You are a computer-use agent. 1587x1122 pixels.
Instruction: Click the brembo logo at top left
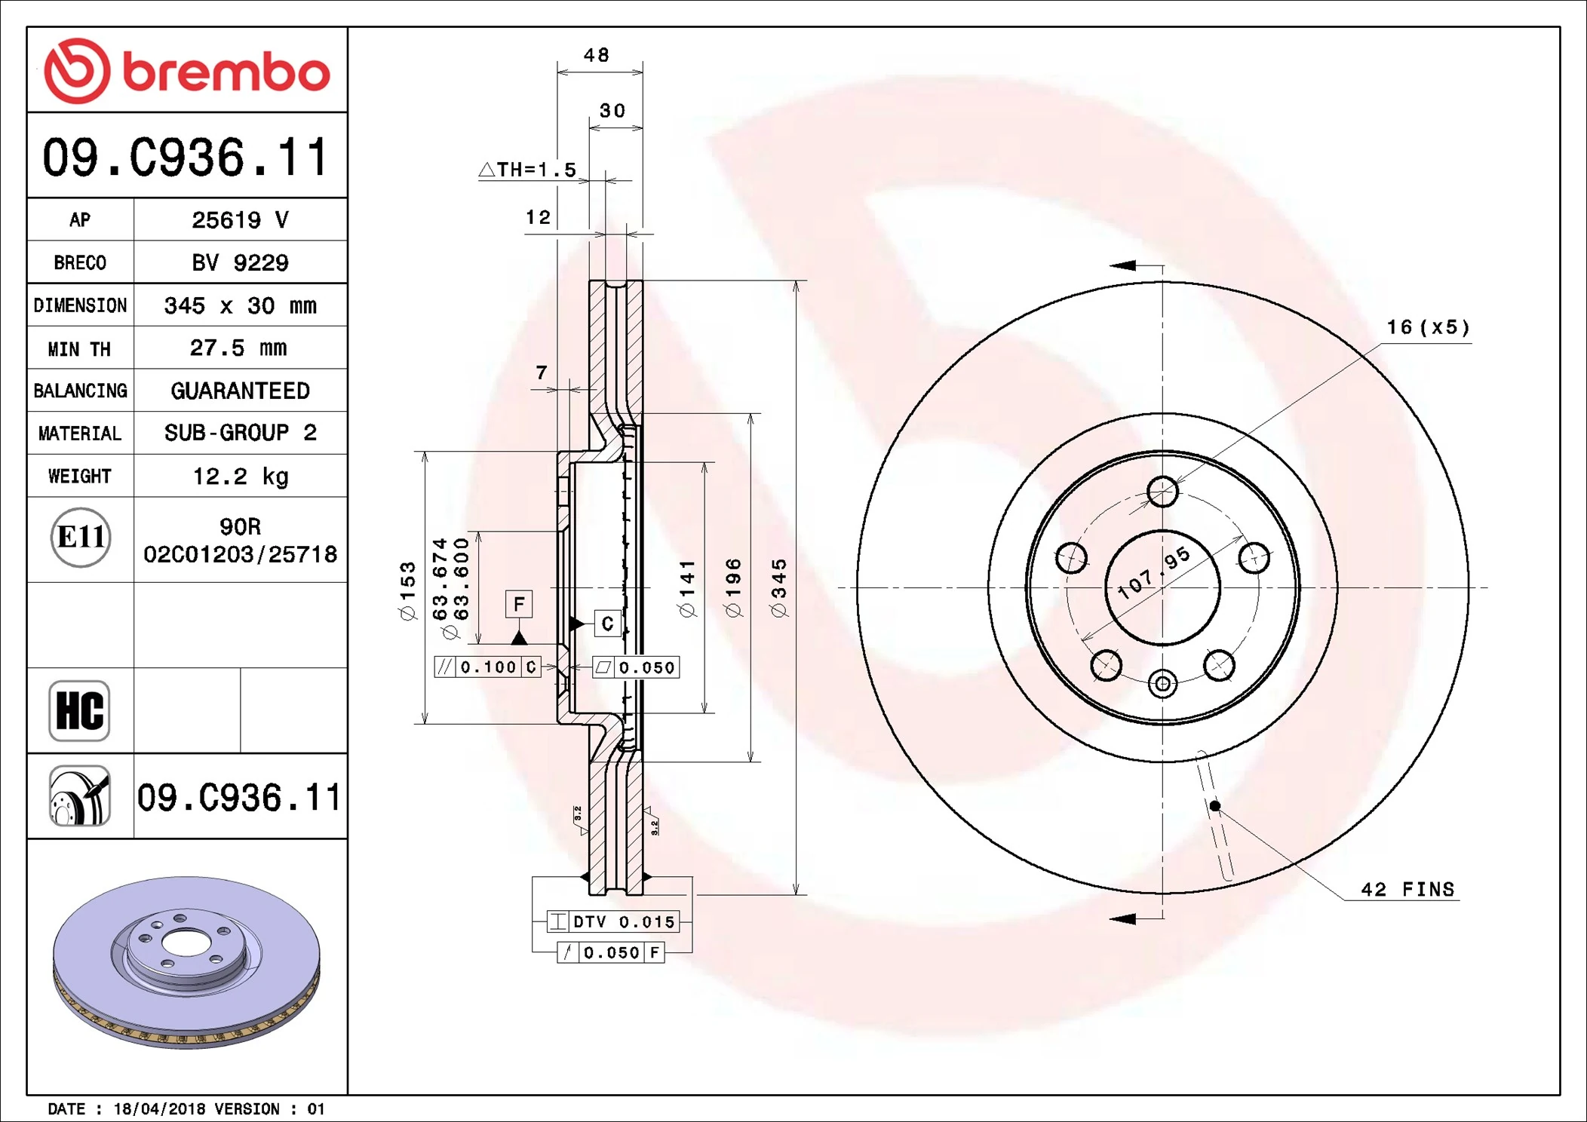(x=186, y=71)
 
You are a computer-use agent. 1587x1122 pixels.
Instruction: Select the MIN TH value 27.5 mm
(x=238, y=348)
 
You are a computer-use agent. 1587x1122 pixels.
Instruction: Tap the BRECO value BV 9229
(x=240, y=262)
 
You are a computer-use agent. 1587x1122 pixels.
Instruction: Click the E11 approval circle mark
(x=81, y=538)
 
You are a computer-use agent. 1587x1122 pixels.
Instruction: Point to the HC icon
(x=79, y=710)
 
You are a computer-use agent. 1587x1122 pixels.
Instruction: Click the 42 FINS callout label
(x=1407, y=890)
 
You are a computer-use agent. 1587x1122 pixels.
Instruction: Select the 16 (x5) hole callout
(x=1428, y=327)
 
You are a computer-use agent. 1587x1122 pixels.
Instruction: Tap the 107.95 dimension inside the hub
(x=1153, y=573)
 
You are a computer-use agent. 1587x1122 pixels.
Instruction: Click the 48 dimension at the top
(x=597, y=55)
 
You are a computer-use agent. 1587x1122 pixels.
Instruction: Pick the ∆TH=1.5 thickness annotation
(x=528, y=170)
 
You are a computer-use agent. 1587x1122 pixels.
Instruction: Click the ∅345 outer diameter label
(x=779, y=588)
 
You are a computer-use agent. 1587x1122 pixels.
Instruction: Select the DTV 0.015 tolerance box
(x=612, y=921)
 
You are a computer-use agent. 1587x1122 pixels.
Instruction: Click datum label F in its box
(x=519, y=604)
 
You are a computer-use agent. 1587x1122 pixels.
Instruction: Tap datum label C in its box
(x=607, y=624)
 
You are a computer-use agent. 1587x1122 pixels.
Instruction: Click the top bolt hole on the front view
(x=1162, y=492)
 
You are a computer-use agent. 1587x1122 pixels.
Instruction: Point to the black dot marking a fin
(x=1214, y=806)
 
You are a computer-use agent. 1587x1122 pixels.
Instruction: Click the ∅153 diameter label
(x=407, y=591)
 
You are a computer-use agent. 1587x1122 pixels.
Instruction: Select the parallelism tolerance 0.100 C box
(x=487, y=667)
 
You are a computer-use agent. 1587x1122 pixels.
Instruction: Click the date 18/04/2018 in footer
(x=159, y=1109)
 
